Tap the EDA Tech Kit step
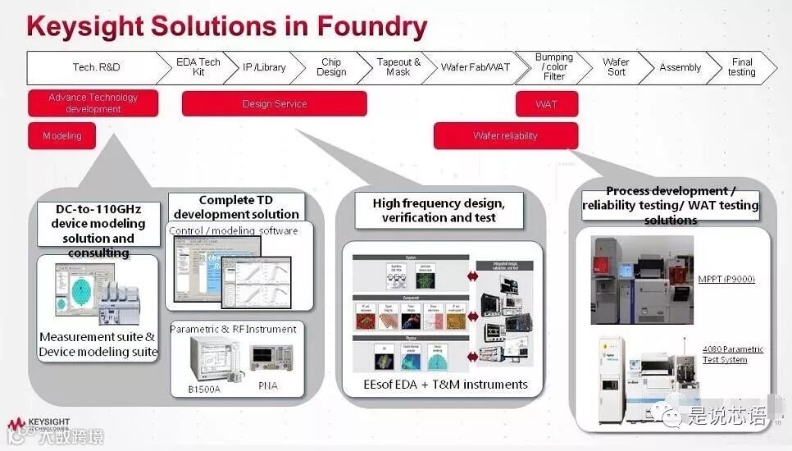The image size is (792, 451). coord(198,67)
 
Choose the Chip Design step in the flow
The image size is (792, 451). coord(331,67)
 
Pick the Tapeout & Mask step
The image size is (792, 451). coord(398,67)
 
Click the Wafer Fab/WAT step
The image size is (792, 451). coord(476,67)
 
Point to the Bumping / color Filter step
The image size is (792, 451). coord(554,67)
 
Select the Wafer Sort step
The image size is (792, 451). coord(616,67)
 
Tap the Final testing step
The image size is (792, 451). coord(741,67)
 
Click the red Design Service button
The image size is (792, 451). coord(274,104)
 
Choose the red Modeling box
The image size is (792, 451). coord(61,136)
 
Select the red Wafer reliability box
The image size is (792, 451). coord(505,136)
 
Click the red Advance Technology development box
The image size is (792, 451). coord(93,103)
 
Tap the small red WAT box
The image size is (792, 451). coord(546,104)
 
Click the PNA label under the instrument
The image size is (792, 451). coord(268,385)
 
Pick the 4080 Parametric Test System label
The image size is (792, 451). coord(732,354)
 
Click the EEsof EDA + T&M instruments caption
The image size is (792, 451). coord(446,384)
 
